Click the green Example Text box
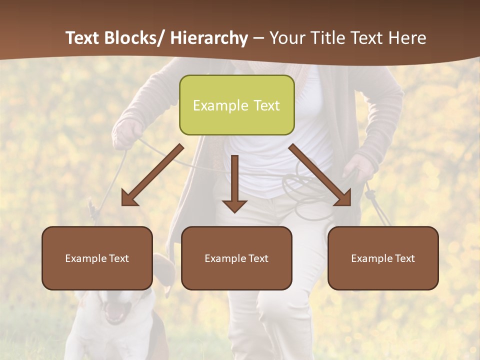pos(236,105)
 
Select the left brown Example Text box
pos(97,258)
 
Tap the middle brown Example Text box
pos(236,258)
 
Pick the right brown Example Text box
pos(383,258)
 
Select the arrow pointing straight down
pos(234,183)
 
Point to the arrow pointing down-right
pos(320,175)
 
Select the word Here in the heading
pos(409,38)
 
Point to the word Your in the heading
pos(286,38)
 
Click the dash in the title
pos(258,38)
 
